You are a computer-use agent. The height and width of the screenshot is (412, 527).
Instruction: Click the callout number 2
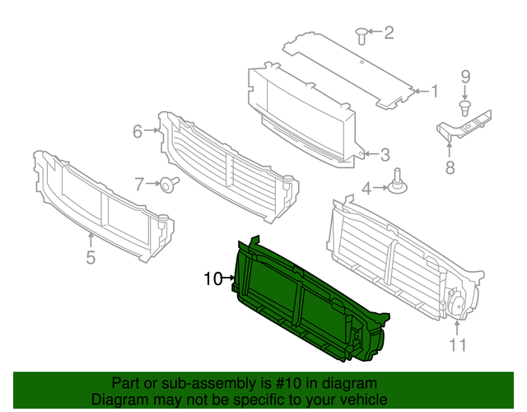click(x=389, y=33)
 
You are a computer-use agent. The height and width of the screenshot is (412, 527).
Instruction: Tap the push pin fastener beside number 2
click(x=361, y=36)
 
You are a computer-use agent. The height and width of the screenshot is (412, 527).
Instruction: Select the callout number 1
click(x=435, y=91)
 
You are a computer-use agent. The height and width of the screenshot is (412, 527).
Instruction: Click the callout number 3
click(x=385, y=155)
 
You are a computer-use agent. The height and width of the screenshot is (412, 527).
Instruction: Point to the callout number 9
click(x=465, y=77)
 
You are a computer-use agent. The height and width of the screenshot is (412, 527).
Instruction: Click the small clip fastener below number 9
click(x=464, y=107)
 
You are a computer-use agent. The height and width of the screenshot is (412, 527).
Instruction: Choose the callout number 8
click(x=450, y=167)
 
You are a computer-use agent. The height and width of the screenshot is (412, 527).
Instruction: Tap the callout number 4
click(x=366, y=189)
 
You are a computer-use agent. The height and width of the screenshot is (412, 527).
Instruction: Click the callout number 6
click(x=138, y=131)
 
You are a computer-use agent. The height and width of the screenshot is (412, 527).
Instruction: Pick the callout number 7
click(x=139, y=185)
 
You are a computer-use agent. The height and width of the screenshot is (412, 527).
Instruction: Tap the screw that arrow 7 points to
click(x=169, y=184)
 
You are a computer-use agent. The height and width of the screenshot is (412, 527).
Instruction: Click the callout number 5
click(x=91, y=257)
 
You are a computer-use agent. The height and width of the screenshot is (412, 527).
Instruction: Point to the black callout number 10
click(x=213, y=279)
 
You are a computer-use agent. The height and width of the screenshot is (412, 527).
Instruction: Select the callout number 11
click(x=458, y=344)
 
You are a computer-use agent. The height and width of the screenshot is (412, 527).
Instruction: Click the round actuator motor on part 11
click(x=455, y=303)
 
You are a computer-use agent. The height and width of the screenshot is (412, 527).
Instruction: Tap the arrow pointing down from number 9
click(x=465, y=92)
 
